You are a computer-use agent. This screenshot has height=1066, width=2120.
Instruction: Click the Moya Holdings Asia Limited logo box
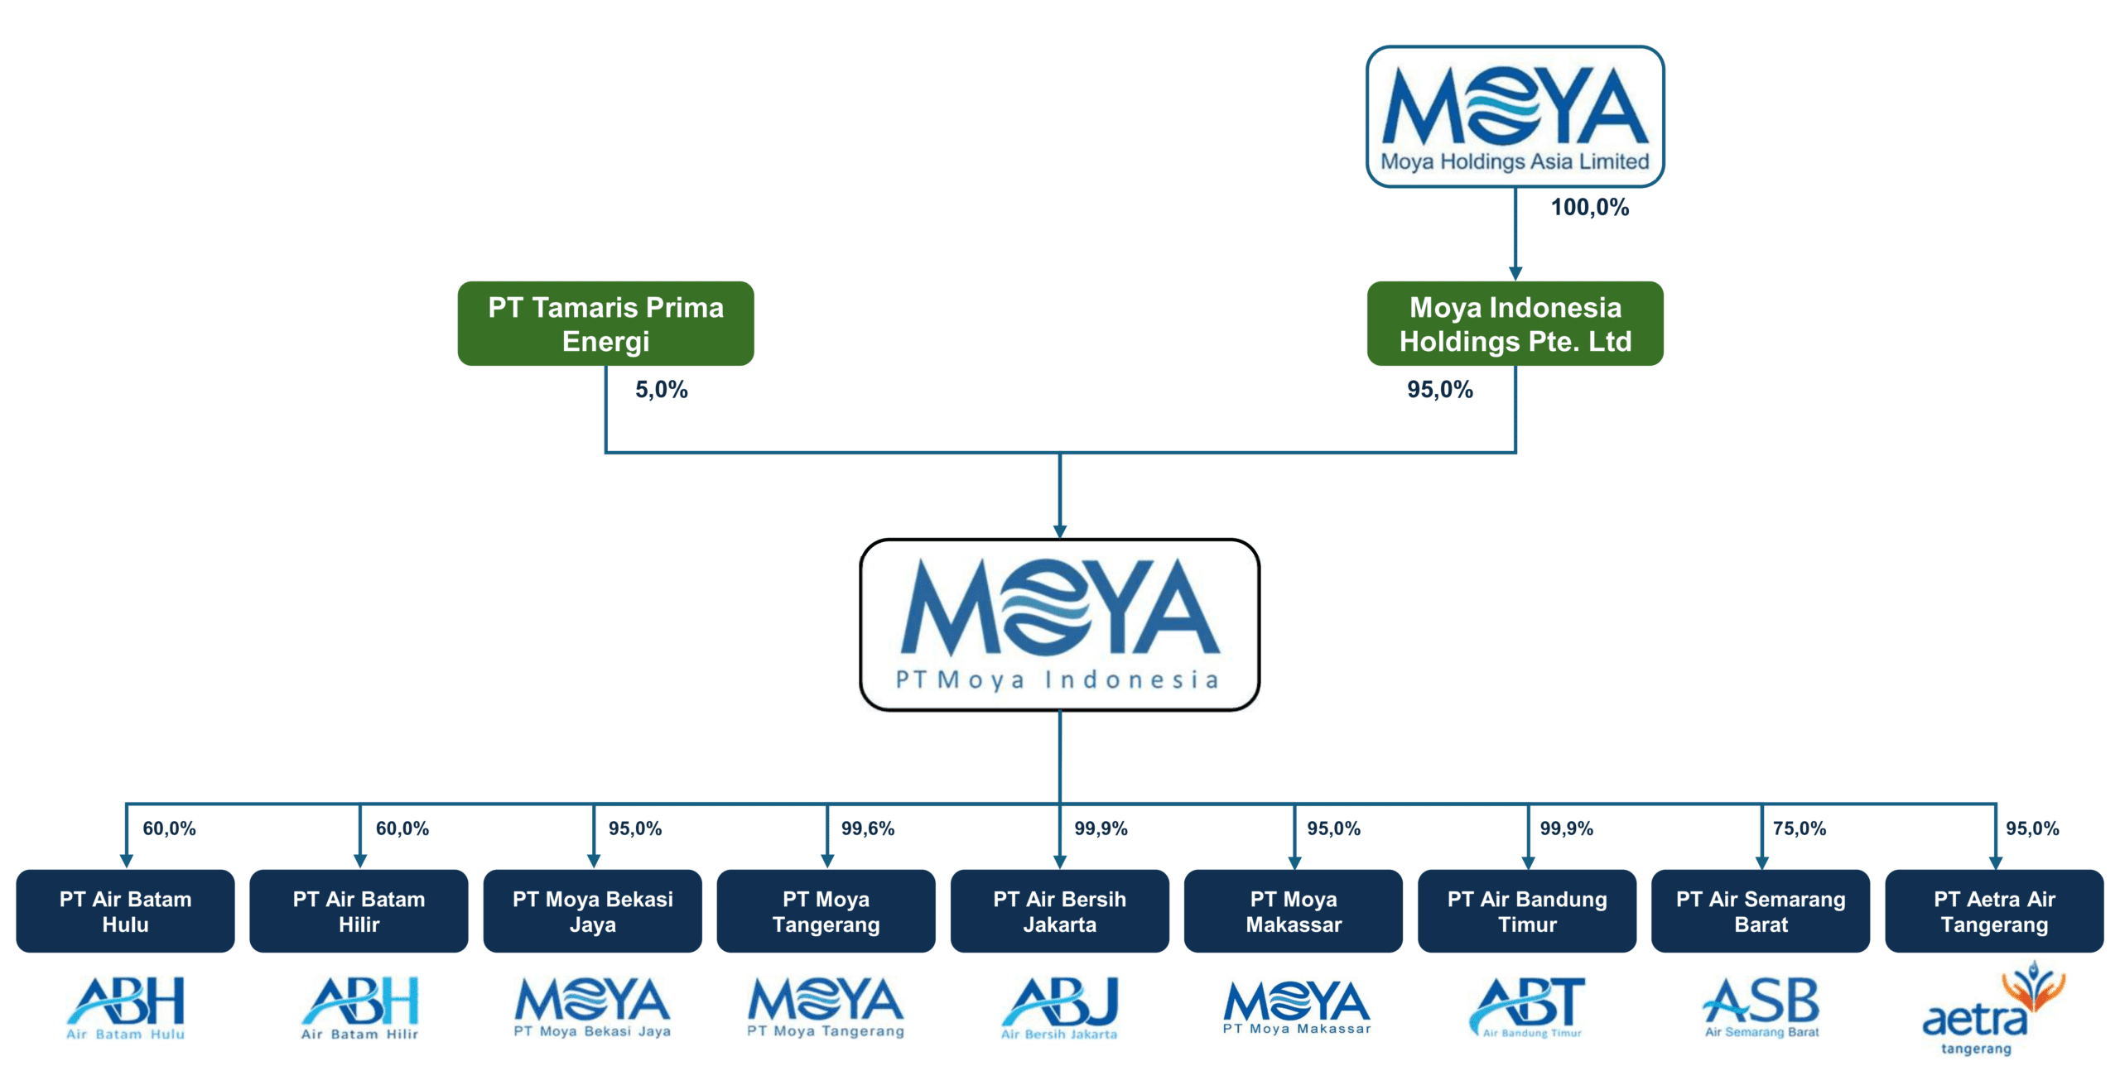pos(1515,117)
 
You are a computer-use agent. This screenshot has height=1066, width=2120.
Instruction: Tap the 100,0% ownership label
pos(1589,207)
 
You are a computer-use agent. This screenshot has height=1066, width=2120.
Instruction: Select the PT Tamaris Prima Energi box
pos(605,324)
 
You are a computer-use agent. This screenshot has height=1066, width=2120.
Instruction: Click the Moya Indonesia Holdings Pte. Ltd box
pos(1515,324)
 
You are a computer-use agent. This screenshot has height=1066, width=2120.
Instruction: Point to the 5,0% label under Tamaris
pos(661,389)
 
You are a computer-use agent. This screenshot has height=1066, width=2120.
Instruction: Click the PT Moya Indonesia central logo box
pos(1059,625)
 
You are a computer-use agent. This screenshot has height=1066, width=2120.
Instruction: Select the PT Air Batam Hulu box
pos(125,911)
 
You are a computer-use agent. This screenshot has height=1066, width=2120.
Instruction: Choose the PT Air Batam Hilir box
pos(359,911)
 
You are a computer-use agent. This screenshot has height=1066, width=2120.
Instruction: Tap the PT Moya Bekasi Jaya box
pos(592,911)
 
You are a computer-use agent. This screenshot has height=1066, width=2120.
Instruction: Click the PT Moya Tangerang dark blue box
pos(826,911)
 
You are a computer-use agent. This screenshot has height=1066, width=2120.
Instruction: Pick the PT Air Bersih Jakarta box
pos(1059,911)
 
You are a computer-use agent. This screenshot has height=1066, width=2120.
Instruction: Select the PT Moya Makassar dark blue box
pos(1293,911)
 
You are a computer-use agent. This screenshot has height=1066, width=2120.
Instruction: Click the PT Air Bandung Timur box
pos(1526,911)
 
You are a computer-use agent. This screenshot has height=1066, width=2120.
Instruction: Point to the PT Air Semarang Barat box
pos(1760,911)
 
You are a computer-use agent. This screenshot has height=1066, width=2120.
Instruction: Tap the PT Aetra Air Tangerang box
pos(1993,911)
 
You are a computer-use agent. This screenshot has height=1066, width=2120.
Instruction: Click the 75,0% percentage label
pos(1799,828)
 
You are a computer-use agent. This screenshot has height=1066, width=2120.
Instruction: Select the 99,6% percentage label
pos(867,828)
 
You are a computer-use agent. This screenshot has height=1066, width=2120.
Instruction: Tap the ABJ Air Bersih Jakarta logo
pos(1059,1008)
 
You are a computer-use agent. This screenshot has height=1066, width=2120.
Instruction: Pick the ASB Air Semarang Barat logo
pos(1761,1008)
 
